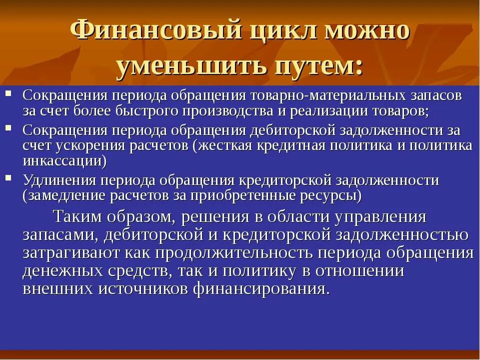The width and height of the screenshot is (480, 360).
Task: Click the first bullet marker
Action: (x=8, y=93)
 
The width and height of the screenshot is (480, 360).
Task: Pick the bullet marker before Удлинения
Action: (x=8, y=177)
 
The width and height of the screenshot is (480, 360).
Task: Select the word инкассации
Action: (x=63, y=161)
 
